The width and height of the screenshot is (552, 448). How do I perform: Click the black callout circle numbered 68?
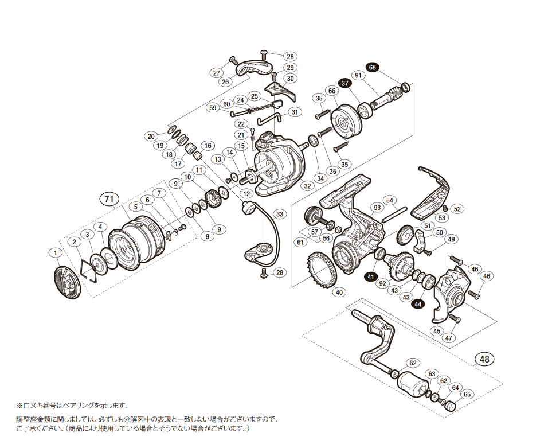coord(373,68)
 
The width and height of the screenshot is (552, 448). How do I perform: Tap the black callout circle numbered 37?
coord(344,83)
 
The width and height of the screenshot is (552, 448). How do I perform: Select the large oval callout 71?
coord(109,199)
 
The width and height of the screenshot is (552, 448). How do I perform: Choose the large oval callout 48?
coord(484,359)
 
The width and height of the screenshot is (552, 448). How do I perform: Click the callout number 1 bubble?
coord(54,252)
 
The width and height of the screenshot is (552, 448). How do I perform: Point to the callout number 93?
coord(377,207)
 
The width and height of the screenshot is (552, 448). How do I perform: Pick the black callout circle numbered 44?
coord(418,304)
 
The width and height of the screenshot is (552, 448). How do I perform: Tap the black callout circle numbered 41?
coord(371,277)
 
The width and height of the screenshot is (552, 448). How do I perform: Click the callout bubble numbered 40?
coord(339,292)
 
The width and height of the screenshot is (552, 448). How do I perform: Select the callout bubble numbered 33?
coord(279,214)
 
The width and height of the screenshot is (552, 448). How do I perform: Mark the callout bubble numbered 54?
coord(390,200)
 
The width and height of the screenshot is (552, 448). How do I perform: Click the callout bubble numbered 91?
coord(358,76)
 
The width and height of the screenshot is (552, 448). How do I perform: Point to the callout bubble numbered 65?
coord(467,394)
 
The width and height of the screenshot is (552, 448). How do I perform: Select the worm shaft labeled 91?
coord(388,97)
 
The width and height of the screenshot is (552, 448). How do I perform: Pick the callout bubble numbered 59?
coord(213,107)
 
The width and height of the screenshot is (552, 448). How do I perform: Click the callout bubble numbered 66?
coord(331,91)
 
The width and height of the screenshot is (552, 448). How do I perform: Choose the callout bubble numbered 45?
coord(437,330)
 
